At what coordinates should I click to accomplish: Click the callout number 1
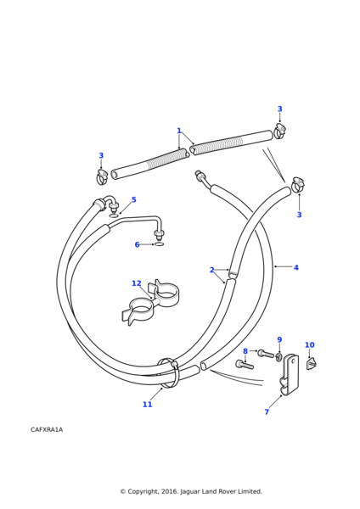[x=178, y=131]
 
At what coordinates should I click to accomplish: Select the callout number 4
[x=296, y=267]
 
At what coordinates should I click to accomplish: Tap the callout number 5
[x=134, y=199]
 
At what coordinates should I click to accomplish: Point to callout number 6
[x=137, y=244]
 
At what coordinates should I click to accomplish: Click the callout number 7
[x=267, y=412]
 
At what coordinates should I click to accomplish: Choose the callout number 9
[x=279, y=340]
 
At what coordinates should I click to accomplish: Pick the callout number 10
[x=310, y=345]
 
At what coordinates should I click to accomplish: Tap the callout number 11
[x=147, y=405]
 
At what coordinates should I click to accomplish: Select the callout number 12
[x=137, y=283]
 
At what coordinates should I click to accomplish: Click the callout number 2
[x=212, y=270]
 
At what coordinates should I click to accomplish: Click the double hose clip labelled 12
[x=150, y=302]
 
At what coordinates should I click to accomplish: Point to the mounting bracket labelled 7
[x=290, y=375]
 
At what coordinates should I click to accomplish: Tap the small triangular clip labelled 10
[x=312, y=363]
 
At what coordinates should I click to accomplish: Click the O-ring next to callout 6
[x=159, y=244]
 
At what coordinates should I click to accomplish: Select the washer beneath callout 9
[x=278, y=357]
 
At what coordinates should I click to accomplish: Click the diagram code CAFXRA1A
[x=47, y=430]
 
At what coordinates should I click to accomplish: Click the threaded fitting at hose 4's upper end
[x=200, y=176]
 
